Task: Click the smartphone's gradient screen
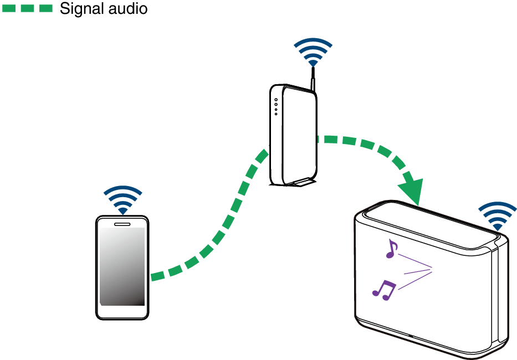pos(122,266)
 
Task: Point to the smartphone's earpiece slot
pos(122,224)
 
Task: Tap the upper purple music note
pos(392,249)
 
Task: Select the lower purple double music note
pos(383,290)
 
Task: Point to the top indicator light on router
pos(276,100)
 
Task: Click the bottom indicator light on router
pos(276,114)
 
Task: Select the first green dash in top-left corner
pos(9,8)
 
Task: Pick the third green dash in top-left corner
pos(46,8)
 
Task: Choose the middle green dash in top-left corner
pos(27,8)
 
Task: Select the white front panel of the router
pos(298,136)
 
